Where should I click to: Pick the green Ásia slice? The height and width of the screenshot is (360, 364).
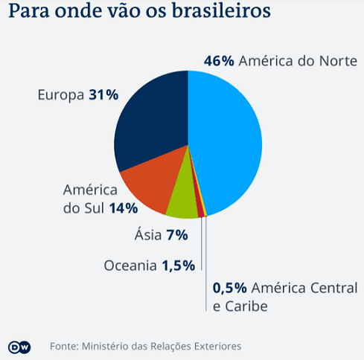[x=183, y=201]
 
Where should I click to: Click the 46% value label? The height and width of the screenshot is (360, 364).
[x=219, y=61]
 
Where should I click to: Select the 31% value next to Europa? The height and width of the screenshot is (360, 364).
[x=103, y=94]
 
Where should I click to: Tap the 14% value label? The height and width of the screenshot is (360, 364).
[x=124, y=208]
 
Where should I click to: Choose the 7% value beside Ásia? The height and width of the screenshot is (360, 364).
[x=177, y=235]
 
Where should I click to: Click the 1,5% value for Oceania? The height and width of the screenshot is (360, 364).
[x=179, y=266]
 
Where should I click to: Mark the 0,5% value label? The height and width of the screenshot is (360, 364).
[x=230, y=288]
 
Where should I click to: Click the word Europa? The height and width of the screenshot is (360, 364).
[x=61, y=95]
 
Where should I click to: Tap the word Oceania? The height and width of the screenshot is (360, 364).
[x=130, y=266]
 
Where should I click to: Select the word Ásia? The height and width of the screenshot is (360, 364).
[x=148, y=234]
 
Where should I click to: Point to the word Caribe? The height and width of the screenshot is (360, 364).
[x=246, y=306]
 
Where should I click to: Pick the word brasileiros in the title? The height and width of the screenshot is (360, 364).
[x=221, y=11]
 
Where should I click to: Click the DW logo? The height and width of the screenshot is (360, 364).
[x=19, y=347]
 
